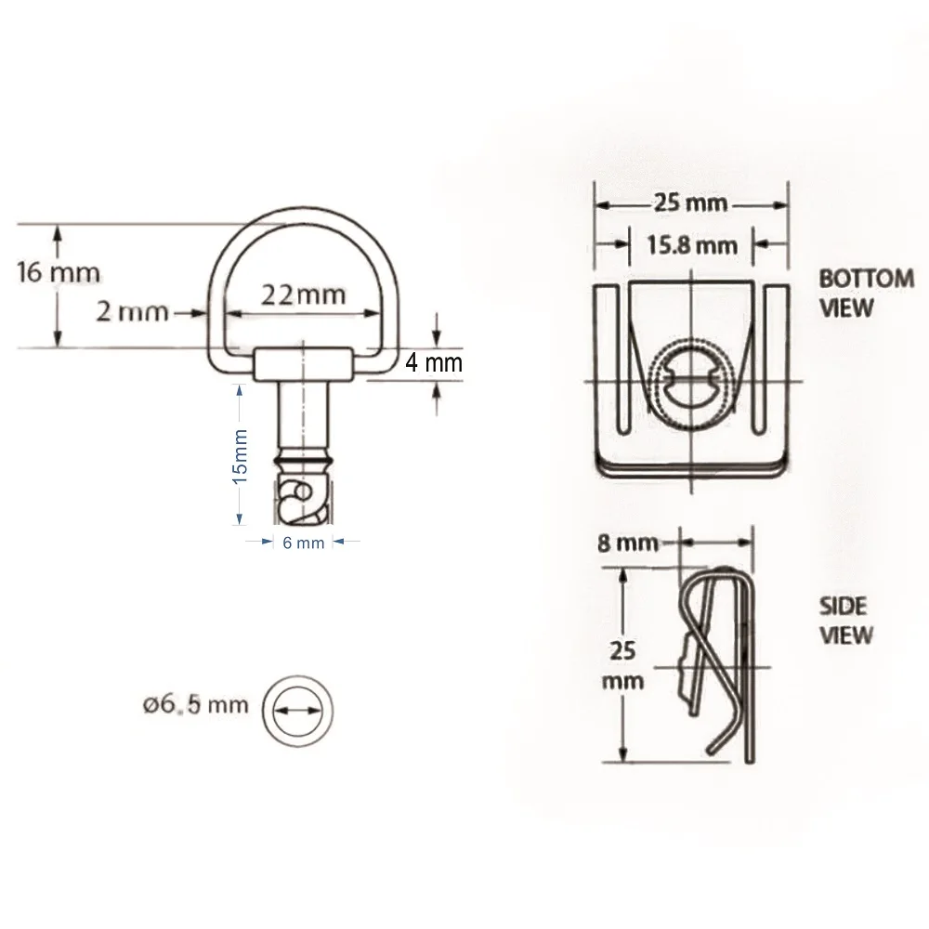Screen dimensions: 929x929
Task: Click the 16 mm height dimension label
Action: point(59,273)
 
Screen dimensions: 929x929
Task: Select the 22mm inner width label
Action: point(302,294)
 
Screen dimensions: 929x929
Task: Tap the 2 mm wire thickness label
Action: point(133,311)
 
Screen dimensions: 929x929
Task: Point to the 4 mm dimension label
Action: point(433,362)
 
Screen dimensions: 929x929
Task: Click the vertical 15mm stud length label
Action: point(240,455)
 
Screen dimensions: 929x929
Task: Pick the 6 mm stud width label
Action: point(303,543)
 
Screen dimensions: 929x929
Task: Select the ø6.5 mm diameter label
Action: point(196,704)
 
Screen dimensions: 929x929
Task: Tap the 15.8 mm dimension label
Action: point(692,245)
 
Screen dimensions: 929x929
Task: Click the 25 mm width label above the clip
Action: point(692,203)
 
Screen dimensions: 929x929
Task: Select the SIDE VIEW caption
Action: point(845,621)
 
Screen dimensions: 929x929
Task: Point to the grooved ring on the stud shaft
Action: point(302,460)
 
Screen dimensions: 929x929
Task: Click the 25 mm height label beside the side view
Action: point(622,664)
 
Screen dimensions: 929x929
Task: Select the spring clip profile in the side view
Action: point(720,660)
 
